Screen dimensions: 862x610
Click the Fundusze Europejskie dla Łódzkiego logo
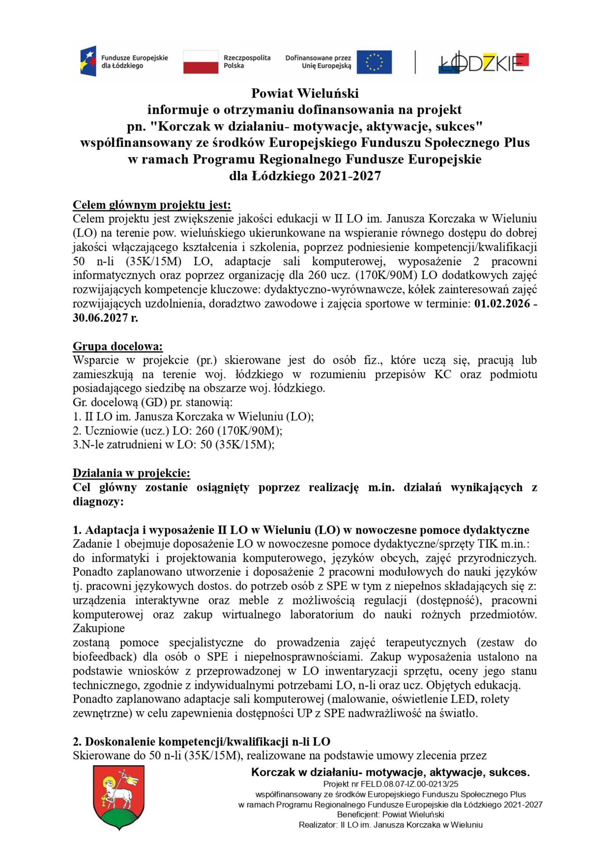point(124,61)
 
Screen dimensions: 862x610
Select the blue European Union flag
point(374,61)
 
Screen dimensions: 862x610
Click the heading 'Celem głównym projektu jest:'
point(152,205)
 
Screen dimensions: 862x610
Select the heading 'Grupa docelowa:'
point(118,346)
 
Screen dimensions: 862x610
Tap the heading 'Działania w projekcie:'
point(131,473)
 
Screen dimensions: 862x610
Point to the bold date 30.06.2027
point(101,318)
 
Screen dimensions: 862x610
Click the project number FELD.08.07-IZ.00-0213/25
point(417,784)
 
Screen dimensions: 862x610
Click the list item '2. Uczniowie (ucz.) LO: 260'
point(177,431)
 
